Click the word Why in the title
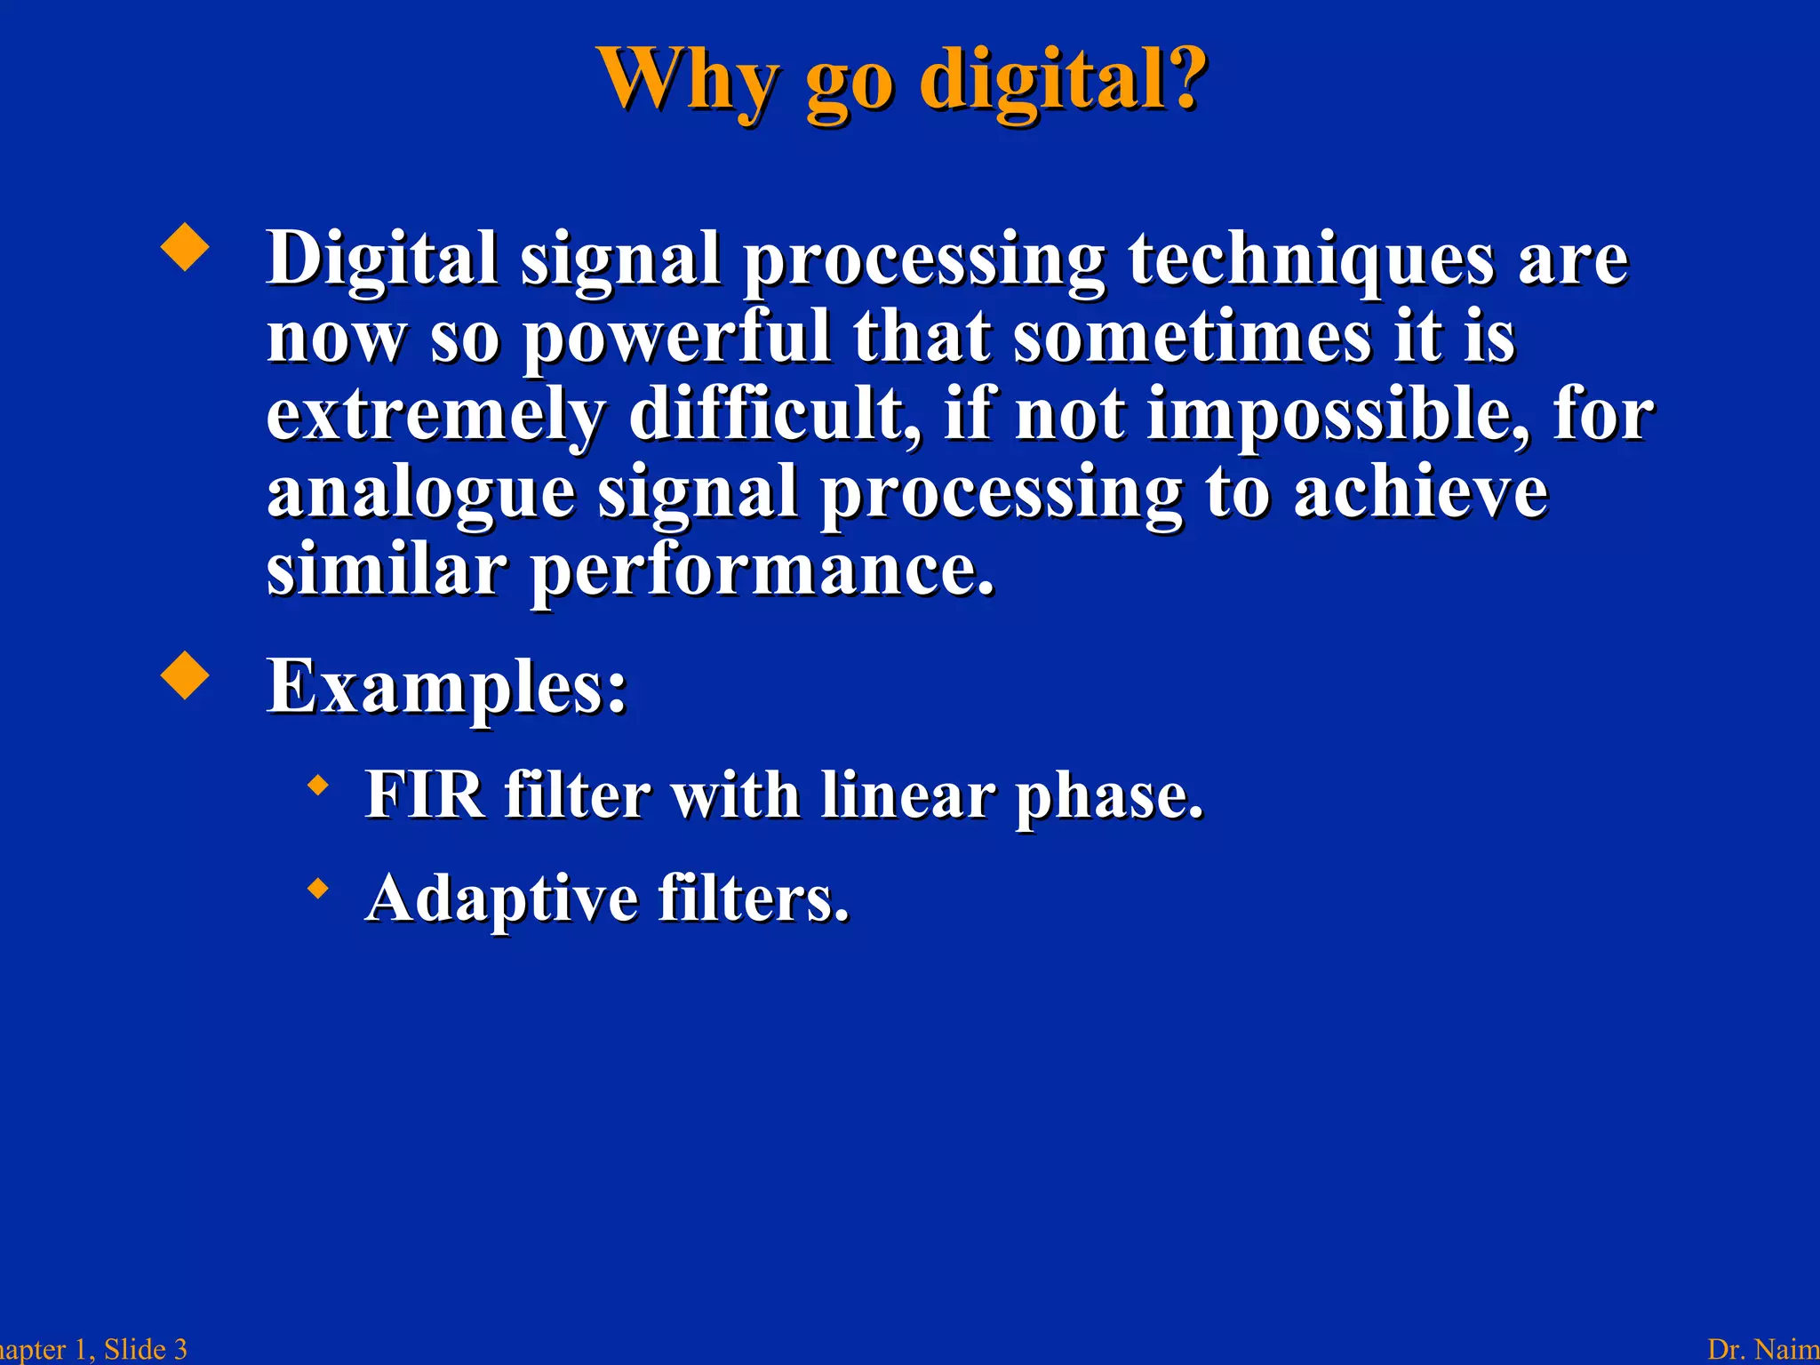pos(689,80)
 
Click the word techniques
pos(1312,259)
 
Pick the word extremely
pos(435,416)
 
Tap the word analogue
pos(421,494)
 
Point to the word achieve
pos(1420,492)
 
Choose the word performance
pos(762,571)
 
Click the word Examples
pos(447,686)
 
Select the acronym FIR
pos(425,794)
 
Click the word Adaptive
pos(501,898)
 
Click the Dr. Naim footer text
pos(1763,1349)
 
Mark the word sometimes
pos(1193,338)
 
